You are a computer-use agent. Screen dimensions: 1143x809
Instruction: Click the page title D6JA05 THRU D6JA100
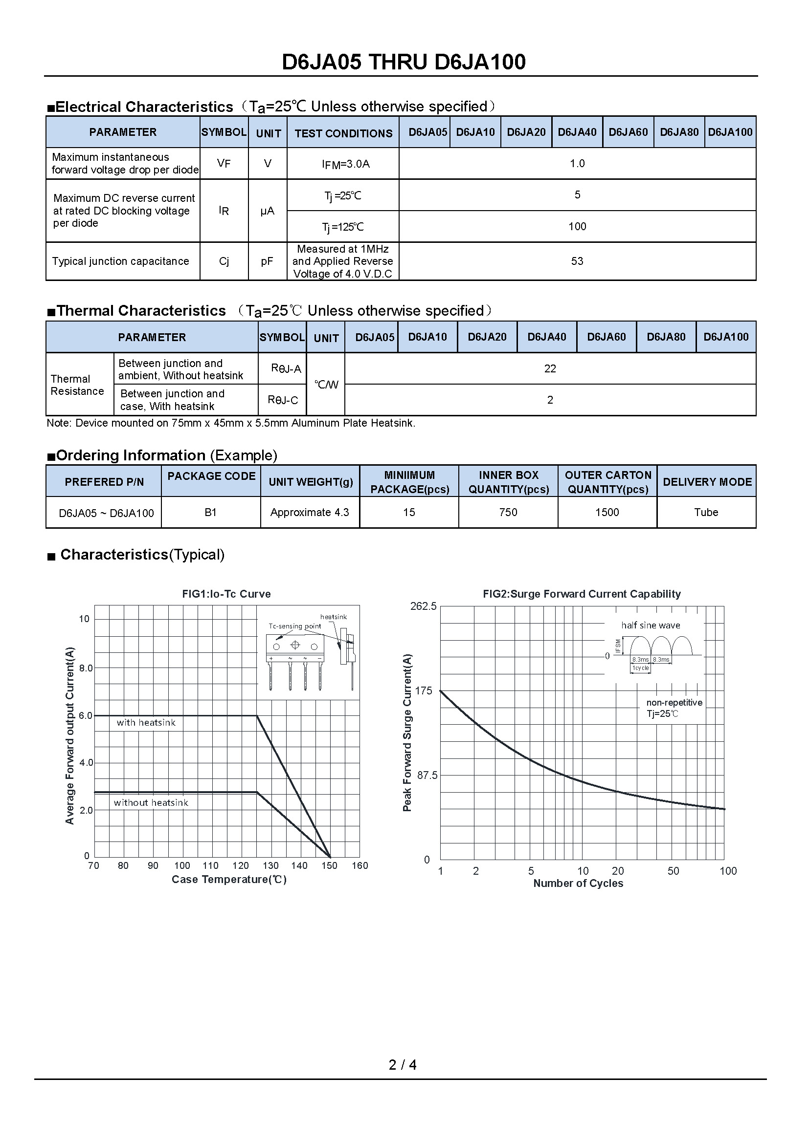click(x=404, y=62)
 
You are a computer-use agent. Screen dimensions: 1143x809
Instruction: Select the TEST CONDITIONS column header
click(x=343, y=133)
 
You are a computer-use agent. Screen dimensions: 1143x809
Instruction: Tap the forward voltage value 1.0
click(x=577, y=163)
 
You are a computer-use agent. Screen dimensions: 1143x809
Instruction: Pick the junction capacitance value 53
click(x=577, y=261)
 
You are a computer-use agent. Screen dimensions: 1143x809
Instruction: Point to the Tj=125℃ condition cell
click(x=343, y=227)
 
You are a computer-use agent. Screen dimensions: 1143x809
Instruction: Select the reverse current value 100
click(x=577, y=227)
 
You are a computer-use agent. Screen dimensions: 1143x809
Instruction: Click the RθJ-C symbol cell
click(x=282, y=400)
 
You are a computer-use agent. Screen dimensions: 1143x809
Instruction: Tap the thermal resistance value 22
click(x=550, y=368)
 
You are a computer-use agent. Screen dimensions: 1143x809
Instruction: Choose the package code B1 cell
click(x=210, y=512)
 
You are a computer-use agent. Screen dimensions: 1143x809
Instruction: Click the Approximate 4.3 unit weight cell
click(x=309, y=512)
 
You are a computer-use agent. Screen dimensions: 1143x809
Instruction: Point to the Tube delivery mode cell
click(x=706, y=512)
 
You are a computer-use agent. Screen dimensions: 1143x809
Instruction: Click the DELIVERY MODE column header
click(x=707, y=482)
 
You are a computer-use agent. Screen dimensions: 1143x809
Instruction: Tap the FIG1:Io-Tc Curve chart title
click(x=226, y=594)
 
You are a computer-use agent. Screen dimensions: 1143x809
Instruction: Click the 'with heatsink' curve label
click(x=146, y=723)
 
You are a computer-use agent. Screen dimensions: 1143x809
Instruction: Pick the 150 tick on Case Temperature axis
click(x=329, y=866)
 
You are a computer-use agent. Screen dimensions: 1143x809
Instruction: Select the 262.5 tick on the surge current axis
click(x=423, y=606)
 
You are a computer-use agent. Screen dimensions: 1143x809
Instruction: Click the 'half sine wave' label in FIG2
click(x=650, y=626)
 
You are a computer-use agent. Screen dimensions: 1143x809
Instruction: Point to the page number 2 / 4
click(x=403, y=1065)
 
